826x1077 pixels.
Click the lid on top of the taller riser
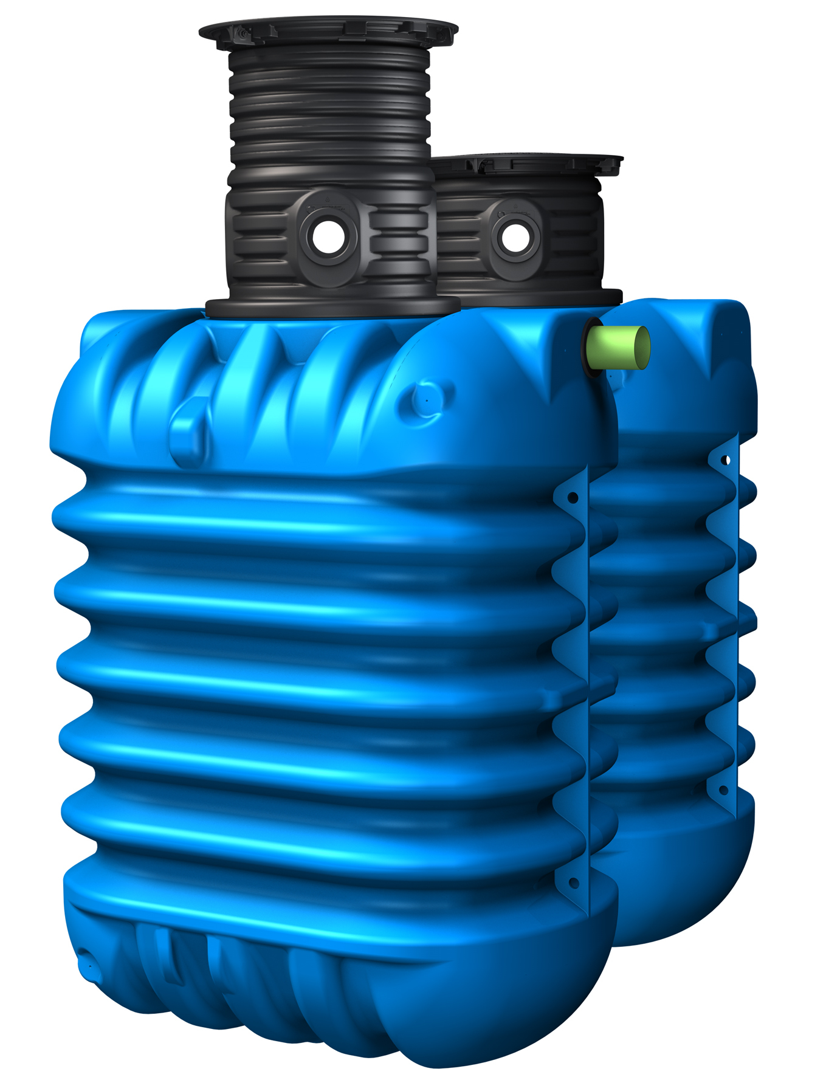tap(328, 30)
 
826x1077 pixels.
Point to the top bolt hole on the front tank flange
tap(573, 498)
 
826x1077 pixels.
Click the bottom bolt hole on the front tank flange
tap(573, 883)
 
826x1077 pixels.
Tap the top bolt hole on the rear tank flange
tap(725, 460)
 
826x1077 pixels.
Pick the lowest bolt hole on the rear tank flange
tap(723, 790)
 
